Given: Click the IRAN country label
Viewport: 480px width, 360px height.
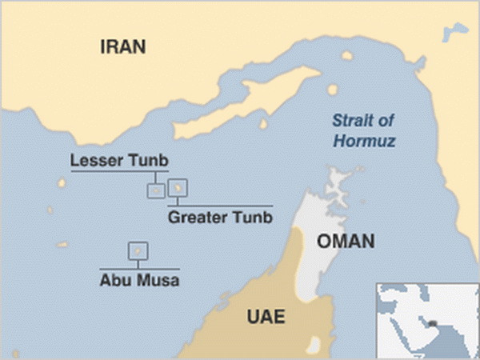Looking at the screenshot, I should click(122, 46).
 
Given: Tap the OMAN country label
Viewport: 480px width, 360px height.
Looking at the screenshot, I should click(346, 241).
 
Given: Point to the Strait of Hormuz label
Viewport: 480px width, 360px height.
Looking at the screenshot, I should click(364, 132).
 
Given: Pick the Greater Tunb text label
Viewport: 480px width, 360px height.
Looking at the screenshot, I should click(220, 217).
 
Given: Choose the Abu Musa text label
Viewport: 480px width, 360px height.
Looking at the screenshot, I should click(140, 281).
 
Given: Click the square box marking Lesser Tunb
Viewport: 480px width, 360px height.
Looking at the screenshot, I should click(156, 190).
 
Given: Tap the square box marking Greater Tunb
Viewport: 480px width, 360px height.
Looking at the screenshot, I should click(178, 188).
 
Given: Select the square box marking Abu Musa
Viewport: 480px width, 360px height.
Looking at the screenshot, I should click(138, 251).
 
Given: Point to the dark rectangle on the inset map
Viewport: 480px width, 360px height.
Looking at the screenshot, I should click(433, 323).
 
